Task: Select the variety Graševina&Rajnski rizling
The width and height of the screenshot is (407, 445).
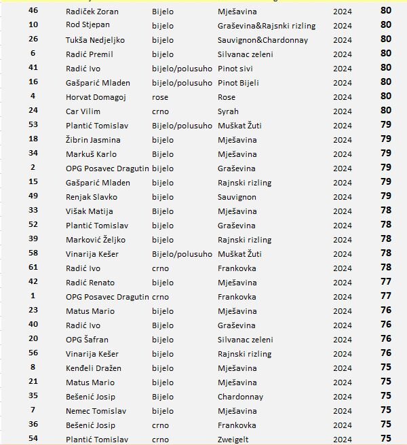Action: coord(267,26)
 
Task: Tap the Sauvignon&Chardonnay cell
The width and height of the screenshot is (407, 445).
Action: coord(263,40)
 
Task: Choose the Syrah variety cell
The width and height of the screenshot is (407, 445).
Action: coord(228,111)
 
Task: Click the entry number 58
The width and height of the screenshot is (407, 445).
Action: coord(33,253)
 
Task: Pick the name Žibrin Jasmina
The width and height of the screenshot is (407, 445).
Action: coord(93,140)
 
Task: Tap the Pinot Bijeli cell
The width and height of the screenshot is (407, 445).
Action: coord(238,83)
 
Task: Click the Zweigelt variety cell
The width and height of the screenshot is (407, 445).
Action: coord(233,440)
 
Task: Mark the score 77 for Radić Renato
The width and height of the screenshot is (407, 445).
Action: coord(386,282)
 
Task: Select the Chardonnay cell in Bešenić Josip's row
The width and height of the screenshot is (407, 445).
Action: coord(240,397)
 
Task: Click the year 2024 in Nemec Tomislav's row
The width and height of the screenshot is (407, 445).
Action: coord(343,411)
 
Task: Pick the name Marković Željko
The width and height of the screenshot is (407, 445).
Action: coord(96,240)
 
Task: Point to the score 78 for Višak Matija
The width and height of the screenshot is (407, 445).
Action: coord(386,211)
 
